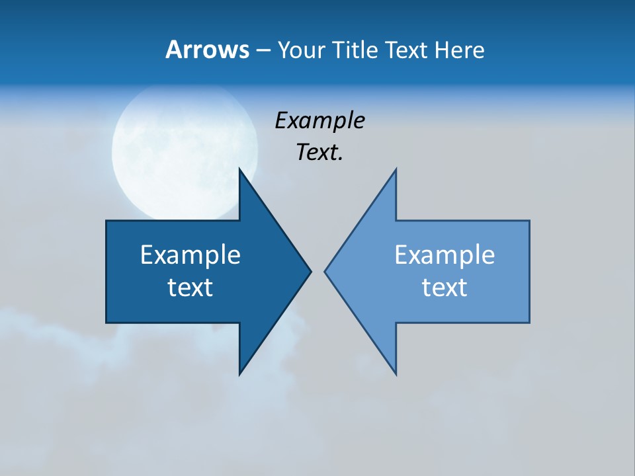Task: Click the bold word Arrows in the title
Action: click(x=207, y=50)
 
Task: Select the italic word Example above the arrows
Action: click(x=319, y=120)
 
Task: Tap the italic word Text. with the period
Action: click(x=319, y=153)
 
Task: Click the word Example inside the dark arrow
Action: click(x=190, y=255)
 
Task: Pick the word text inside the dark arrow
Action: click(x=190, y=287)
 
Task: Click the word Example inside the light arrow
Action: click(x=444, y=255)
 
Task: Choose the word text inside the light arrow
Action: click(x=444, y=287)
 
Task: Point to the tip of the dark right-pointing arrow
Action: click(x=311, y=271)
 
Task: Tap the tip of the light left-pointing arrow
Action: click(x=325, y=271)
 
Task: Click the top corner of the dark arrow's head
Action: click(x=239, y=169)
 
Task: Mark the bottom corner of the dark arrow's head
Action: click(x=239, y=374)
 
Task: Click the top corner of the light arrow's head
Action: click(x=396, y=169)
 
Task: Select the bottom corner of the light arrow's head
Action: click(x=396, y=374)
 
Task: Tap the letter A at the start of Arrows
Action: click(x=173, y=50)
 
